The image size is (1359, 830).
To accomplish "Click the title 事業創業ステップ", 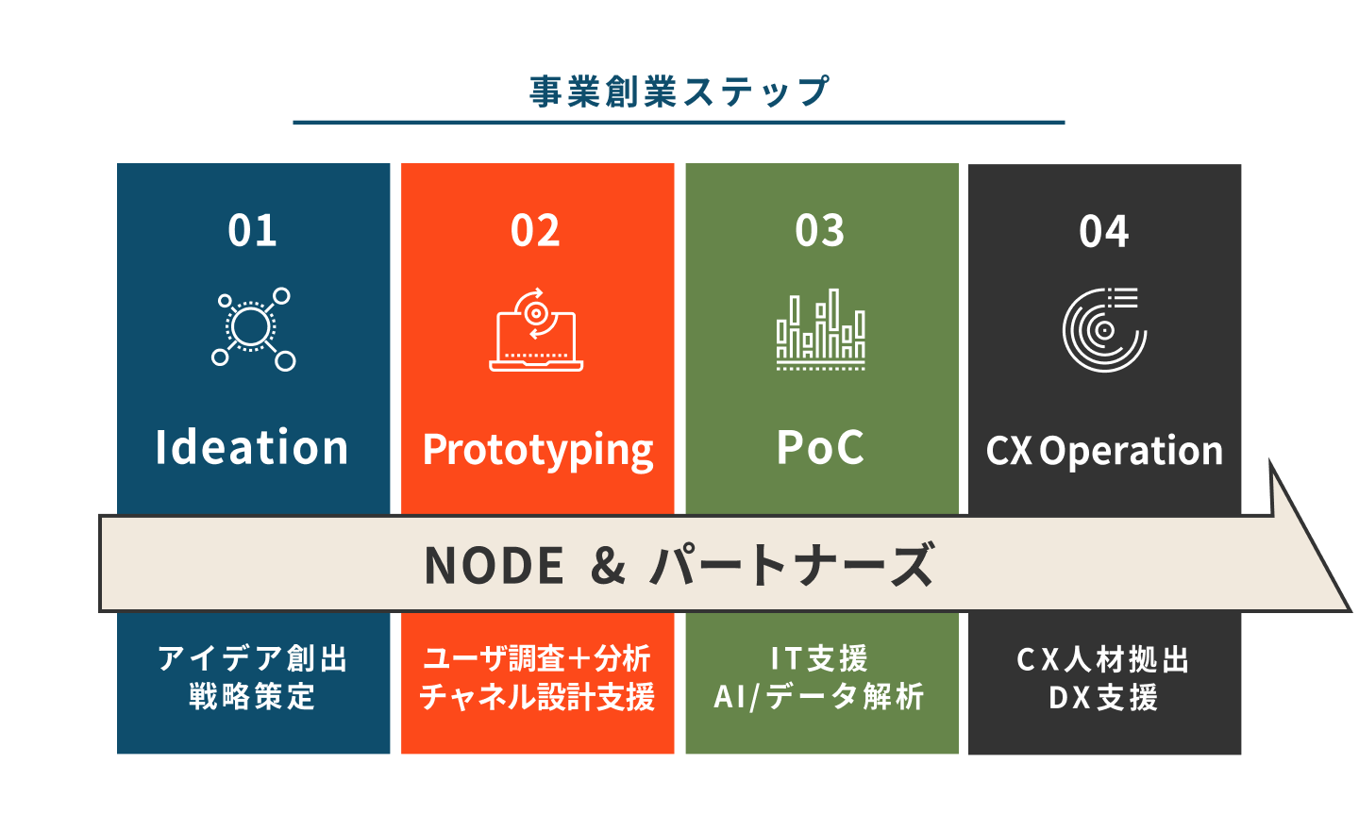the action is pyautogui.click(x=679, y=92).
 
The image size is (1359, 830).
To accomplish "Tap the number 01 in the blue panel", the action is pyautogui.click(x=252, y=230).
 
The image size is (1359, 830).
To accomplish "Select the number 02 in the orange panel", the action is pyautogui.click(x=535, y=230).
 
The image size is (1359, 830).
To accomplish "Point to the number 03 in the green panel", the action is pyautogui.click(x=819, y=230).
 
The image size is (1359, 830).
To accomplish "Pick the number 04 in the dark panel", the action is pyautogui.click(x=1103, y=232).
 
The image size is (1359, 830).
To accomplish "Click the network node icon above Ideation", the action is pyautogui.click(x=252, y=328).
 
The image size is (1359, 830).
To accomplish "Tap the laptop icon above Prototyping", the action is pyautogui.click(x=536, y=329).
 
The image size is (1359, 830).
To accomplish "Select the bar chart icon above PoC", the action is pyautogui.click(x=820, y=329).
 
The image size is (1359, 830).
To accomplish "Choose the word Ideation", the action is pyautogui.click(x=252, y=447).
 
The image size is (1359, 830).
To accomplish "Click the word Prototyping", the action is pyautogui.click(x=538, y=451).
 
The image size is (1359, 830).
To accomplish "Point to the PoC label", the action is pyautogui.click(x=820, y=447).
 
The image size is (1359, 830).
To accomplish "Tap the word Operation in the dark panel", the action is pyautogui.click(x=1132, y=451).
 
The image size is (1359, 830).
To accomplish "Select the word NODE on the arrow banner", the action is pyautogui.click(x=495, y=565).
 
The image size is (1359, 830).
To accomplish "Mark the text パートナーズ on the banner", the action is pyautogui.click(x=792, y=564).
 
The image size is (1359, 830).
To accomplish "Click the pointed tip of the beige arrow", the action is pyautogui.click(x=1350, y=610).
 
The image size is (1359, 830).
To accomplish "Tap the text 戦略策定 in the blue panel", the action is pyautogui.click(x=252, y=696).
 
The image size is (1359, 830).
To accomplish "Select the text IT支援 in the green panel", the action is pyautogui.click(x=819, y=658).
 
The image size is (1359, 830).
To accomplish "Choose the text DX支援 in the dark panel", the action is pyautogui.click(x=1103, y=697).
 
